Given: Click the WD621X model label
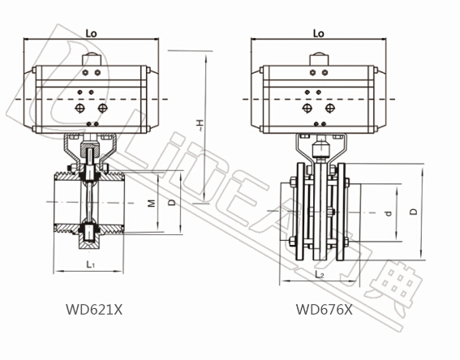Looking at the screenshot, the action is (x=94, y=309).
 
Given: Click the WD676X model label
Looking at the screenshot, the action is (x=324, y=309).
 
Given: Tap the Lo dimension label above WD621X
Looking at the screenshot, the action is (x=91, y=33).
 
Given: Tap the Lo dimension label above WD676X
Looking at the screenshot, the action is (x=319, y=33).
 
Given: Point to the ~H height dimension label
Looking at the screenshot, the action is (x=200, y=125).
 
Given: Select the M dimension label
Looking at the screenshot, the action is (x=152, y=203).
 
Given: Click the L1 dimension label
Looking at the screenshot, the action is (x=90, y=264).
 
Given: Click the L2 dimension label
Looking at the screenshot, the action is (x=320, y=275).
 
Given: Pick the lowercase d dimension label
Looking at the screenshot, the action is (x=389, y=213).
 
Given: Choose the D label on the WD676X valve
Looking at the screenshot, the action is (x=414, y=212).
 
